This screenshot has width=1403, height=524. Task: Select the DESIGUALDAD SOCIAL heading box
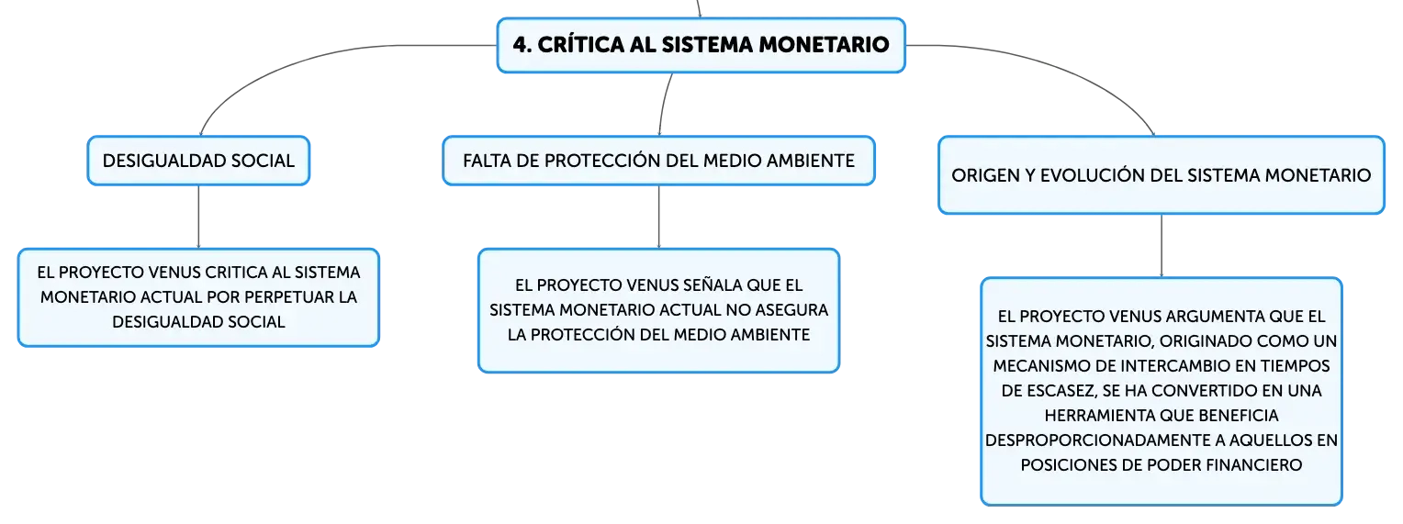(198, 161)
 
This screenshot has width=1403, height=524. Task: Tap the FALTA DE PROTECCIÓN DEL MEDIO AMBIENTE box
(659, 161)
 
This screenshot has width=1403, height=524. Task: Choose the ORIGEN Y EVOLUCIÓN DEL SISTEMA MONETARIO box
(1162, 175)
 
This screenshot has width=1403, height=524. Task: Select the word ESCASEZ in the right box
(1059, 391)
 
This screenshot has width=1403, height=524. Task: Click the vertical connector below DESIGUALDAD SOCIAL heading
(198, 217)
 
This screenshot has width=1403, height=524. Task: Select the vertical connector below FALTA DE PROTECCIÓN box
(659, 217)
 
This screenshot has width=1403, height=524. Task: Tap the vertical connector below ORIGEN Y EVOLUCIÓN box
(1162, 245)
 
